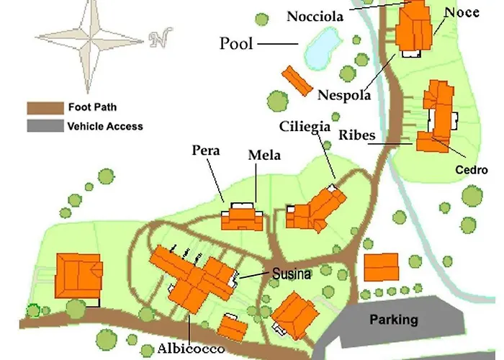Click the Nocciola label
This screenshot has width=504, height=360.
pos(318,16)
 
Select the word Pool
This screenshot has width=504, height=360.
pos(236,44)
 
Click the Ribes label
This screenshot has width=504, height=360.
pos(355,135)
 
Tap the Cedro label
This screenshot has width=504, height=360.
pos(472,170)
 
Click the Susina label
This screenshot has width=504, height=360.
pos(292,274)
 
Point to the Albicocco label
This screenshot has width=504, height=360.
pos(192,348)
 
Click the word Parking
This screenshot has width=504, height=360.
pos(394,319)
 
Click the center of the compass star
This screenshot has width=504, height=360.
pos(90,38)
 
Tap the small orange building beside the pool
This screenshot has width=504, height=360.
pos(296,81)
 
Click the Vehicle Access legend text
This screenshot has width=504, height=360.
pos(105,126)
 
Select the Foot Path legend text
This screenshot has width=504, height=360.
pos(92,108)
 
